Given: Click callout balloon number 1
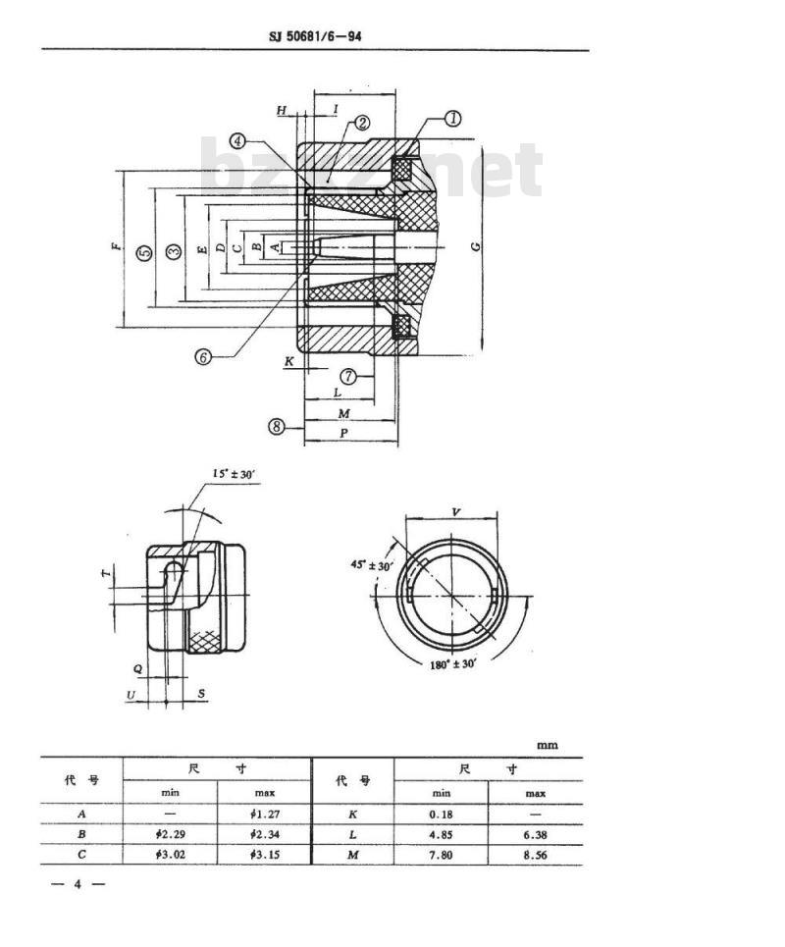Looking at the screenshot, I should (453, 119).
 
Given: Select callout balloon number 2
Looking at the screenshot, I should (361, 123).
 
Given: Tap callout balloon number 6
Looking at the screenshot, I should (203, 357).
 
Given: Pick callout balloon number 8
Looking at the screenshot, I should (278, 427).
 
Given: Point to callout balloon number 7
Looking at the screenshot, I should (349, 376).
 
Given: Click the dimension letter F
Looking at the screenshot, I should (117, 246).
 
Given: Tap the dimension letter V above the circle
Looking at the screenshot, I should (456, 512).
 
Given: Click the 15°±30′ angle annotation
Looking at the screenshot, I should (234, 475).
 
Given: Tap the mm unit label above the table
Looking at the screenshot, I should (547, 745).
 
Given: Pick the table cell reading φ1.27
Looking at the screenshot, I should (266, 814).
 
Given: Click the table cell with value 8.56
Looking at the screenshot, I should (535, 855).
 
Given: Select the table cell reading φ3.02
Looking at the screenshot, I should (170, 855).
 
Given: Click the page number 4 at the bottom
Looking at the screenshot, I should (78, 884).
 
